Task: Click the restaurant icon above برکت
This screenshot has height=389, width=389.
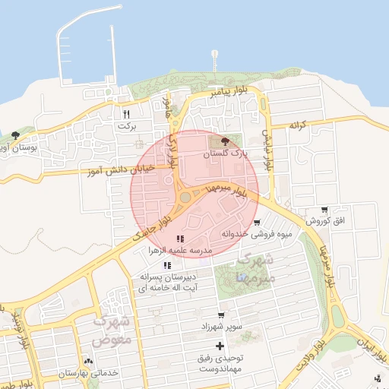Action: point(127,114)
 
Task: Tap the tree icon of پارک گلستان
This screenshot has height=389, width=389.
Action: point(225,141)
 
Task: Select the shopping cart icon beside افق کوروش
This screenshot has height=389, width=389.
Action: point(325,210)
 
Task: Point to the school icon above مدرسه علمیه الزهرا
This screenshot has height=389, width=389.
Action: point(179,239)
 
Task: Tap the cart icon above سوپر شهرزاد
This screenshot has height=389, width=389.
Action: point(221,315)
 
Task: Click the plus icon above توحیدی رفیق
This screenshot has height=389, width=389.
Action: point(220,346)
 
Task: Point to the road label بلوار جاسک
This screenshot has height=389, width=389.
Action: point(153,227)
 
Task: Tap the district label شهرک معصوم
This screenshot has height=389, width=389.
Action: point(112,330)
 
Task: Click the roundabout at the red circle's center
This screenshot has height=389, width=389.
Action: point(186,198)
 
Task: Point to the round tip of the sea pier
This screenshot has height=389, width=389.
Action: point(214,53)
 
